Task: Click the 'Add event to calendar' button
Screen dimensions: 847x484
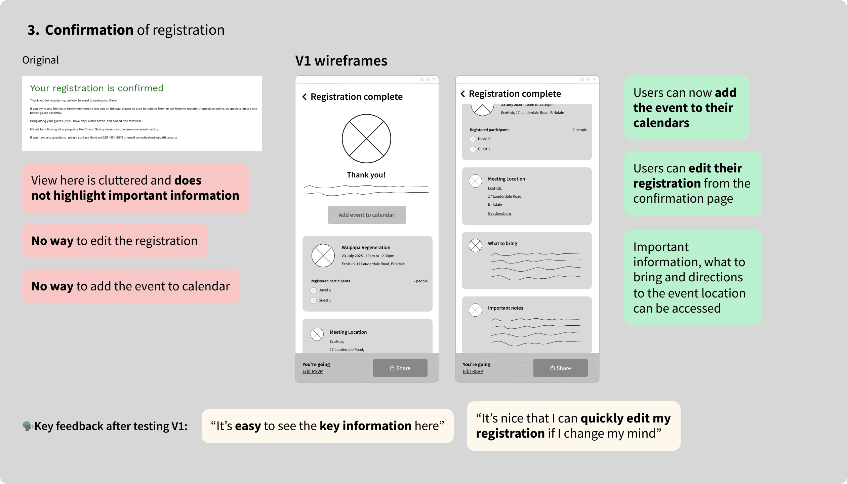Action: (x=367, y=215)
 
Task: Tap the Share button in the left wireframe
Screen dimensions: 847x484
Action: (x=400, y=368)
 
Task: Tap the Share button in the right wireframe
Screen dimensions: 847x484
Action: (x=560, y=368)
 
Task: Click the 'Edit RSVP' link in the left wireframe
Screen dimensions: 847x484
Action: (x=312, y=371)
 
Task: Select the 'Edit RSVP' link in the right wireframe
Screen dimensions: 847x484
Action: (x=473, y=371)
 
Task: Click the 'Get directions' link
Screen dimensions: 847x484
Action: (x=499, y=213)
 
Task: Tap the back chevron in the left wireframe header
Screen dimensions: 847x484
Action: (x=305, y=97)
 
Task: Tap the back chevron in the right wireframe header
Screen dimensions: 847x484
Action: (x=463, y=94)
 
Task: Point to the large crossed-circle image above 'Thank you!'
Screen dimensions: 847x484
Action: (x=366, y=138)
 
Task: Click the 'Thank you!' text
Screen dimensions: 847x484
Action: (x=366, y=175)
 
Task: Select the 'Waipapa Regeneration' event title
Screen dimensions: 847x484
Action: (x=366, y=247)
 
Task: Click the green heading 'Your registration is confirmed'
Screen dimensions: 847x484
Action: (x=97, y=88)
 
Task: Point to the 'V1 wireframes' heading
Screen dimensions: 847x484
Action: (x=341, y=61)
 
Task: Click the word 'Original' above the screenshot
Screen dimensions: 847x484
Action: (x=40, y=60)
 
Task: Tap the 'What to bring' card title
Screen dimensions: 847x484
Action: (x=502, y=243)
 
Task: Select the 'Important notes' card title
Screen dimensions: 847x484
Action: (x=505, y=308)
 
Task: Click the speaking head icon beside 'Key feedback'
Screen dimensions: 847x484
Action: (x=28, y=426)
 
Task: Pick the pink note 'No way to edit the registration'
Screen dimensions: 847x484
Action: (x=115, y=241)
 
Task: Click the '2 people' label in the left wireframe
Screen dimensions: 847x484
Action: (x=420, y=281)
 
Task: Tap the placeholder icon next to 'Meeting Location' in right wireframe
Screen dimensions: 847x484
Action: (x=475, y=181)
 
